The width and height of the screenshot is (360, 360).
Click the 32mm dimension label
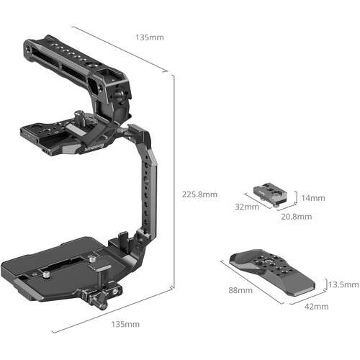coord(246,207)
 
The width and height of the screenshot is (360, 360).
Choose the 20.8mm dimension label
coord(296,216)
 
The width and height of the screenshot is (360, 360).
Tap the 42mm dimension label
coord(318,307)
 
